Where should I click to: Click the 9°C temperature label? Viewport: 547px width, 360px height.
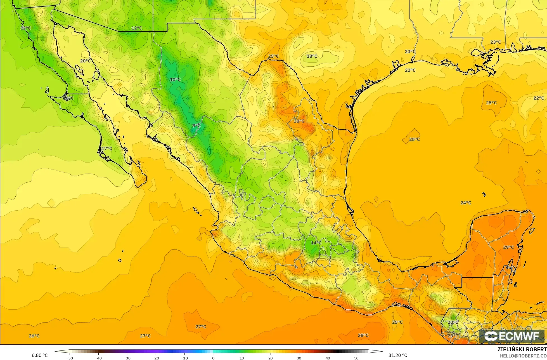click(196, 126)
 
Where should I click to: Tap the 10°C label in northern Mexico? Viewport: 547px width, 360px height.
click(175, 79)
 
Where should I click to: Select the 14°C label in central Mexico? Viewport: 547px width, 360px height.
click(316, 243)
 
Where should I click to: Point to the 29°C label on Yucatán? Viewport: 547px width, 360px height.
click(508, 247)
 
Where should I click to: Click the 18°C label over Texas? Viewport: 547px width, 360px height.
click(312, 56)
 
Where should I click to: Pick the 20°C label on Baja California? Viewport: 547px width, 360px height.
click(85, 61)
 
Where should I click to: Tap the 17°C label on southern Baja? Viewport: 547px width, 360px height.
click(107, 149)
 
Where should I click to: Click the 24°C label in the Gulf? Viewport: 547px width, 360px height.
click(466, 203)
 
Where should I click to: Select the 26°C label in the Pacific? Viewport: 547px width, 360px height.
click(34, 336)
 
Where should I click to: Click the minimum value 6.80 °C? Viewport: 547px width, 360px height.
click(40, 355)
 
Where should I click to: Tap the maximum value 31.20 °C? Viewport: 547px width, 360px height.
click(398, 355)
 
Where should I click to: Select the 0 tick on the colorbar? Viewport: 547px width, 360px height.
click(213, 358)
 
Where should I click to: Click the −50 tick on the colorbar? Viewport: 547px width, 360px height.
click(69, 358)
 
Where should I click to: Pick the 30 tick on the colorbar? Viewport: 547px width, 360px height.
click(299, 358)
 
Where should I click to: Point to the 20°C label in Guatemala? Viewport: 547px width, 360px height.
click(453, 322)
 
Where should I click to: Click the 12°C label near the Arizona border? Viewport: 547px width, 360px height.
click(137, 28)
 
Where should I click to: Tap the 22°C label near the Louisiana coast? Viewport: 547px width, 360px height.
click(410, 70)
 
